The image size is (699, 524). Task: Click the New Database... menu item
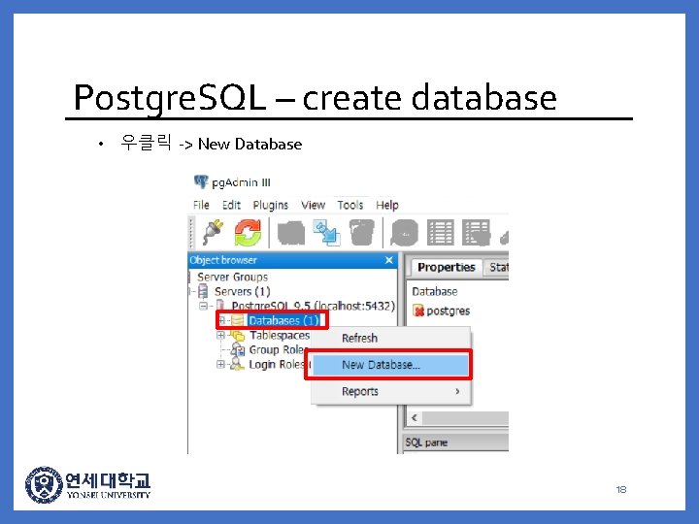381,365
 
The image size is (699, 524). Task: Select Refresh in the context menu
359,338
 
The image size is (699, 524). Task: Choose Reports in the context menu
360,391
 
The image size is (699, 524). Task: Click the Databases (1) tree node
283,320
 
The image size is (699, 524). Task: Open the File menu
201,205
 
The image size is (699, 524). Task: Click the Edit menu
231,205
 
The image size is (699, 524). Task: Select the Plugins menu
270,205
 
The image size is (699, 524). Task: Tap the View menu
313,205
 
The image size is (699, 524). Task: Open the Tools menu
350,205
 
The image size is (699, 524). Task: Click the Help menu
387,205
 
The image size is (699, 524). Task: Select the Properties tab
446,267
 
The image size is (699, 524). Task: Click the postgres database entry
448,311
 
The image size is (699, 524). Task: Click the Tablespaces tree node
279,335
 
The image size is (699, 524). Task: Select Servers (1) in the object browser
242,291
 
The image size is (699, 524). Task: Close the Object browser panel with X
389,260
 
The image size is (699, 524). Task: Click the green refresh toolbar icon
248,232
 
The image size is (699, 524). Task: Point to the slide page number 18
620,489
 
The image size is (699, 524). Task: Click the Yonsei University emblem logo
43,485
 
